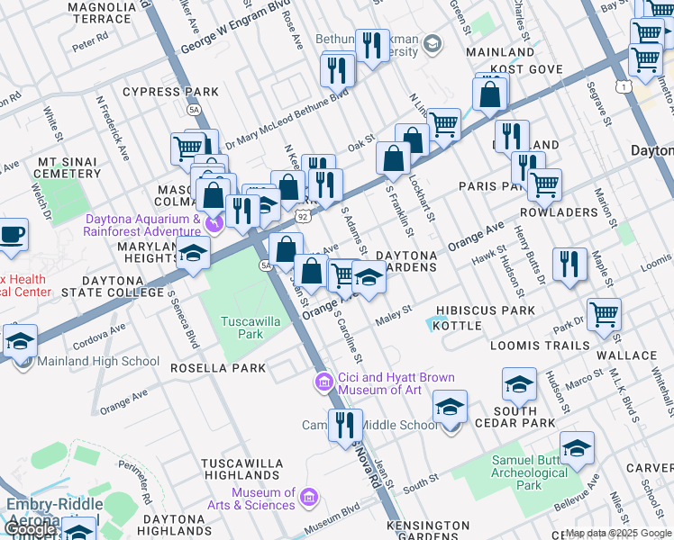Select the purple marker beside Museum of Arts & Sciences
click(x=308, y=498)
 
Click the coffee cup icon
click(x=12, y=235)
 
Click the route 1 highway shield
click(x=623, y=86)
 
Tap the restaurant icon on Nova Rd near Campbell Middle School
click(x=344, y=426)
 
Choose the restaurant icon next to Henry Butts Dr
click(x=569, y=264)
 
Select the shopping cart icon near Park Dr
click(x=603, y=315)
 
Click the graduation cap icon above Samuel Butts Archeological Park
click(x=577, y=447)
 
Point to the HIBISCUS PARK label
click(x=485, y=310)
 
